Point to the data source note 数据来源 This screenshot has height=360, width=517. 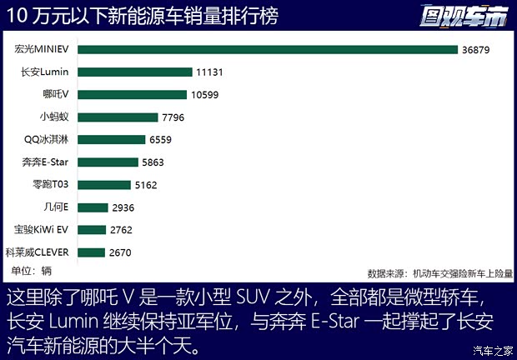[x=440, y=272]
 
